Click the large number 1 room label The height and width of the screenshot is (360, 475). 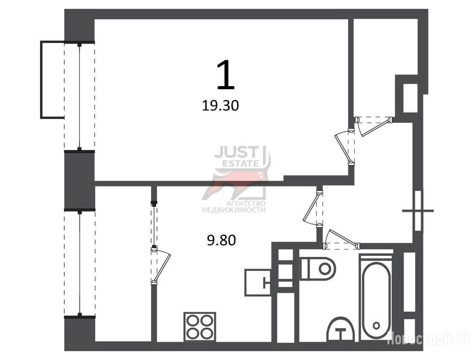226,75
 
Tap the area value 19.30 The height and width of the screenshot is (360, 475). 220,106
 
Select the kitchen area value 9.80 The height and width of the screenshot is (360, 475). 221,241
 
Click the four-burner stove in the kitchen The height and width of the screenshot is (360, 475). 200,327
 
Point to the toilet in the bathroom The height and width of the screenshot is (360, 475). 318,269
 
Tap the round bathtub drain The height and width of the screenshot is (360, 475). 376,326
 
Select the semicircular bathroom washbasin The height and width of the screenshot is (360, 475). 341,329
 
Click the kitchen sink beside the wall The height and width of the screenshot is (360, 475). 258,283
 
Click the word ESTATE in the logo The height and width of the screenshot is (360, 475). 241,164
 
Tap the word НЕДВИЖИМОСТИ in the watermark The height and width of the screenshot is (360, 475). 234,210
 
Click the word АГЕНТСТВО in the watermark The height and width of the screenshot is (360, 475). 246,203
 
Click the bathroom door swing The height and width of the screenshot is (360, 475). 341,238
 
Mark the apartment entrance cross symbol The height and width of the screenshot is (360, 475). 418,210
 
